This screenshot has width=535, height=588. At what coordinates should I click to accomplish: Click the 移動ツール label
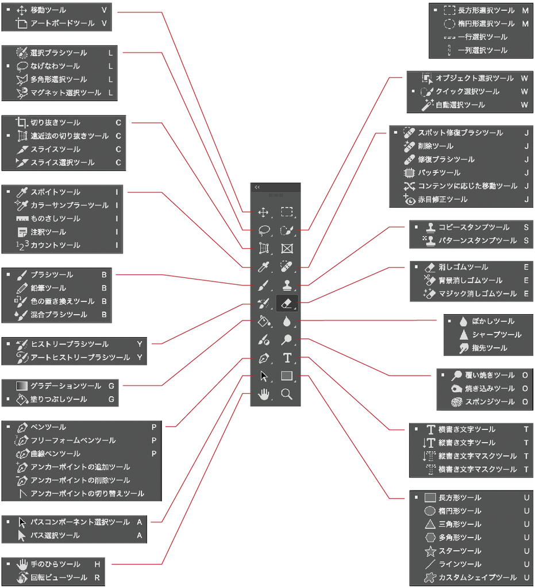[48, 10]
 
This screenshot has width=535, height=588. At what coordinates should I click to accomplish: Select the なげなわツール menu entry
[55, 66]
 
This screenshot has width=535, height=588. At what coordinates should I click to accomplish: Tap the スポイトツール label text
[56, 192]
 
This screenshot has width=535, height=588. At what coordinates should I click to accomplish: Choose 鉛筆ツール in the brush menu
[48, 288]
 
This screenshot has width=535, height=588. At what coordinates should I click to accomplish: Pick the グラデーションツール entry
[66, 386]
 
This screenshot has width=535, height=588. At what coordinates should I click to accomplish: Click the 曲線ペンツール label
[56, 454]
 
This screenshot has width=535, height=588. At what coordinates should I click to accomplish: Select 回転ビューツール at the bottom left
[59, 578]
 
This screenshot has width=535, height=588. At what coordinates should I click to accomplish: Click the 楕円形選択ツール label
[486, 24]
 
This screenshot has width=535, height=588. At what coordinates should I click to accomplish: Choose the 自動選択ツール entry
[460, 105]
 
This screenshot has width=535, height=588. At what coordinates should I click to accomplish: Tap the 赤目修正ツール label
[442, 199]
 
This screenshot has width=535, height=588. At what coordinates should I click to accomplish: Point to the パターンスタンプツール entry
[478, 241]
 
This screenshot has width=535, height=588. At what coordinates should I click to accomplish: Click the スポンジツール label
[490, 402]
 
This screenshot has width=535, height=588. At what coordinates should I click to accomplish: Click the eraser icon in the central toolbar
[287, 303]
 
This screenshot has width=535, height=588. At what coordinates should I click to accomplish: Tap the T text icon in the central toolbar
[287, 358]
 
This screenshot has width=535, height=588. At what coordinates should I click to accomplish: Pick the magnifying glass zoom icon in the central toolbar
[287, 394]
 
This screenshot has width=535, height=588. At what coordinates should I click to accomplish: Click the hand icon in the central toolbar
[264, 394]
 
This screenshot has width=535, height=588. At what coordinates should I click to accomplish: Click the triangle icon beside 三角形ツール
[430, 524]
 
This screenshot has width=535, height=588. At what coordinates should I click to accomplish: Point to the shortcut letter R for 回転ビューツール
[97, 578]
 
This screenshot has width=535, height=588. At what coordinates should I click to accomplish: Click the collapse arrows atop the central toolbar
[257, 187]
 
